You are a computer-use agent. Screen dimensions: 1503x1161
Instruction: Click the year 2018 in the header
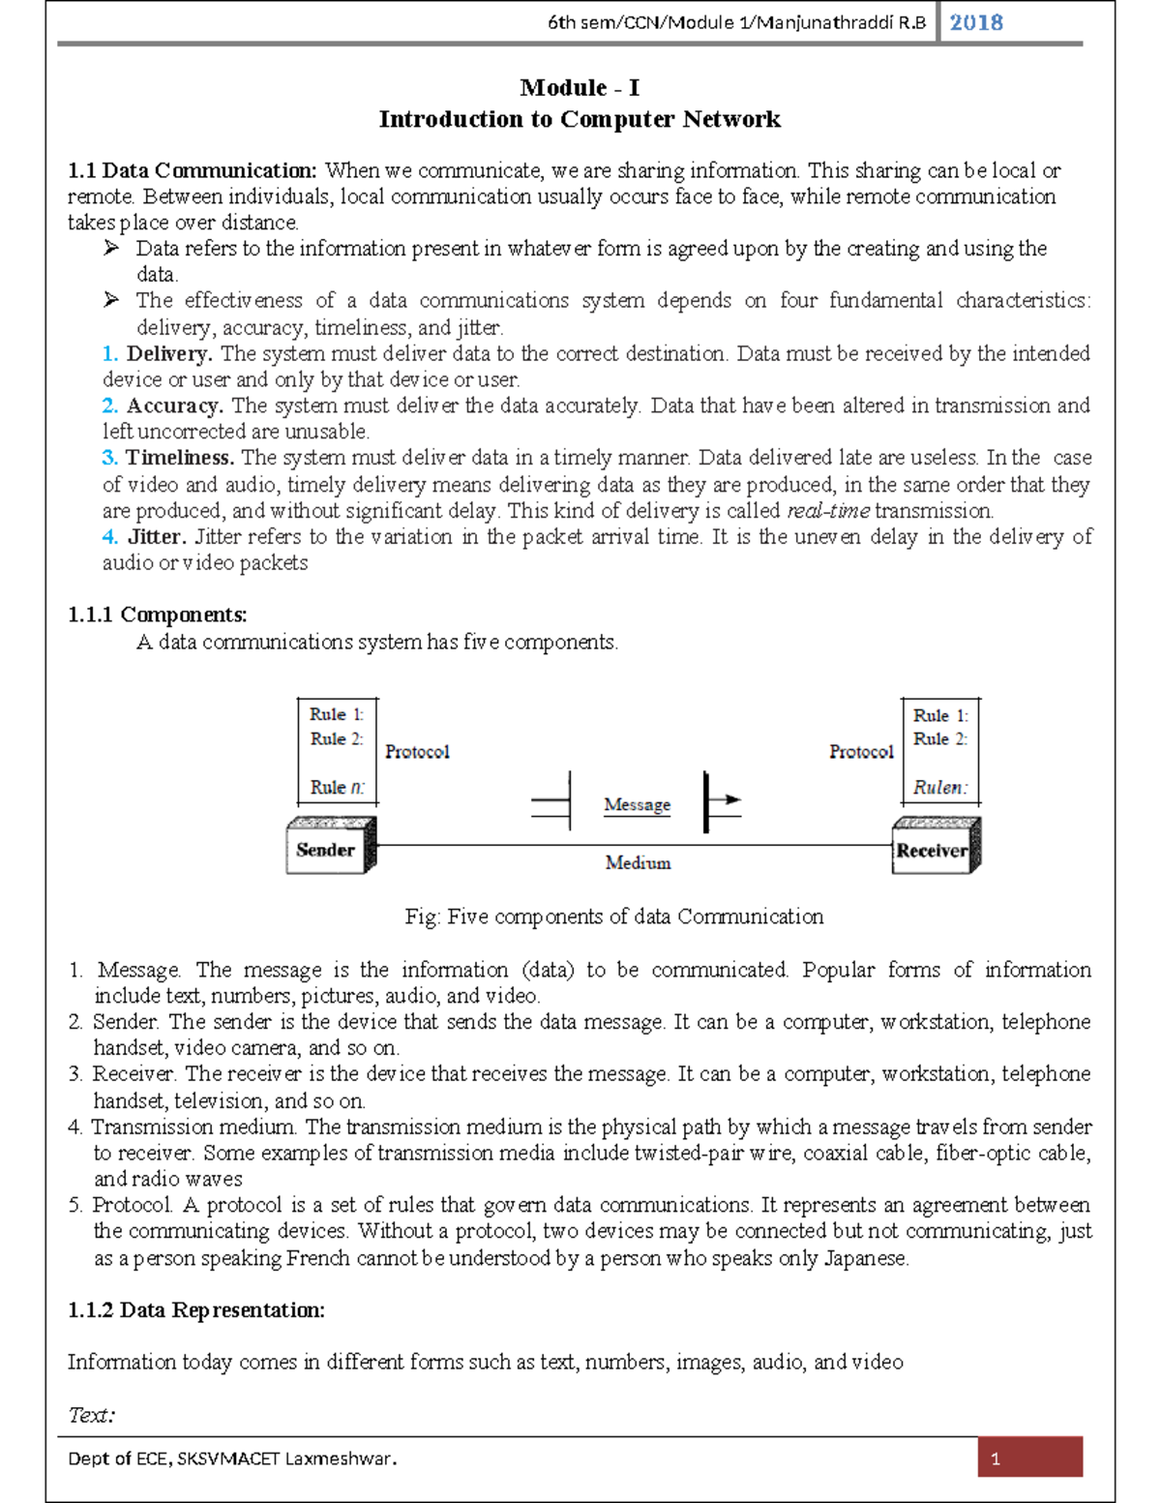[975, 22]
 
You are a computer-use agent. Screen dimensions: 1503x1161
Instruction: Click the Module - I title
[580, 88]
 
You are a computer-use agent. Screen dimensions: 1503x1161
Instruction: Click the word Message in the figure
[637, 804]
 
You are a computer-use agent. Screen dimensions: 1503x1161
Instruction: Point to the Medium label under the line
[638, 862]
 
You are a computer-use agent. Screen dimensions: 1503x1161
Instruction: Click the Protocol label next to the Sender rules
[417, 752]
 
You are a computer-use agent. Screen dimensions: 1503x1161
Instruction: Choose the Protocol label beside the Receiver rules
[861, 752]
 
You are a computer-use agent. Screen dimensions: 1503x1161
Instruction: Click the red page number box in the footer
[1029, 1458]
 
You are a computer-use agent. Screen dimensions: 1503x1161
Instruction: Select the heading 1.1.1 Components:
[158, 615]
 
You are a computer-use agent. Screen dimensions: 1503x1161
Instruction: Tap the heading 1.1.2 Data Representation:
[196, 1310]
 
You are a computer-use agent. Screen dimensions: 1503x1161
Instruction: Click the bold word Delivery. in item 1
[169, 353]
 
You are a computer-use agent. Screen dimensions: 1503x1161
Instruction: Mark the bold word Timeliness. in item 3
[180, 458]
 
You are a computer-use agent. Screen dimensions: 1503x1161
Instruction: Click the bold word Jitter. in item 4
[157, 536]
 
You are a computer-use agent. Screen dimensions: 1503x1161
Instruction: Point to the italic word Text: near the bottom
[92, 1415]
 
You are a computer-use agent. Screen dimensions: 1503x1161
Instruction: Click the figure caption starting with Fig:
[614, 917]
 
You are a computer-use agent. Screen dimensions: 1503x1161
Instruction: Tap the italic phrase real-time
[827, 511]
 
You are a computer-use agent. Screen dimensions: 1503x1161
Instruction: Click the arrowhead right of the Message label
[731, 799]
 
